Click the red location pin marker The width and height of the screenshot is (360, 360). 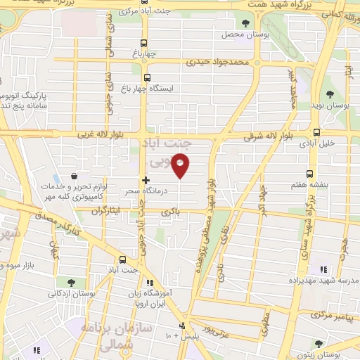[181, 166]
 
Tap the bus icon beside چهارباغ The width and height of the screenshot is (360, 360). [145, 41]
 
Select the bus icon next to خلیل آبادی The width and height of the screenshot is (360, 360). [316, 131]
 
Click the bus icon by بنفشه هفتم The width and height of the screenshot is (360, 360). [309, 174]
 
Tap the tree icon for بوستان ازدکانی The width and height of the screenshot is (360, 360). [70, 283]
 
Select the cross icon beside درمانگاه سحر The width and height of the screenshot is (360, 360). [146, 181]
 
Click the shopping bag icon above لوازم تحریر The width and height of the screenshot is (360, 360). [75, 175]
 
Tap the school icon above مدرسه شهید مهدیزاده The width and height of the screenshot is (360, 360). [323, 269]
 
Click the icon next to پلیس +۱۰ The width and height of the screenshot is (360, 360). [183, 326]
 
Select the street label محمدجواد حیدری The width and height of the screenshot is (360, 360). [218, 62]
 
